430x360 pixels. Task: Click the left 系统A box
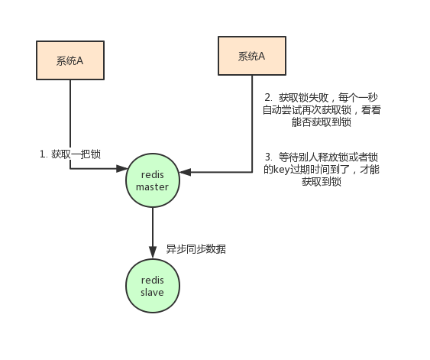coord(70,60)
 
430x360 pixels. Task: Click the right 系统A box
coord(251,56)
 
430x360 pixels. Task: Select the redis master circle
coord(152,180)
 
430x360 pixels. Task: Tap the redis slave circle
coord(152,285)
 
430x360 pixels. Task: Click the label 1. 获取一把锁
coord(70,154)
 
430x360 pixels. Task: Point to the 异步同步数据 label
coord(196,249)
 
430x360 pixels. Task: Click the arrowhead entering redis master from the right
coord(184,174)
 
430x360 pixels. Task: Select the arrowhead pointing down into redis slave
coord(152,255)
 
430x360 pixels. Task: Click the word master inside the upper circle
coord(152,186)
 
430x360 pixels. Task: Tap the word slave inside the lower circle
coord(152,292)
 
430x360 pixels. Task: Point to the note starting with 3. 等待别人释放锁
coord(321,169)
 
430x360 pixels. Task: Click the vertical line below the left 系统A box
coord(70,115)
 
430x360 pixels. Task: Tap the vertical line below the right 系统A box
coord(253,122)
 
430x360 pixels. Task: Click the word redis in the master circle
coord(152,174)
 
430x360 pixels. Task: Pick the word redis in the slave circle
coord(152,279)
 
